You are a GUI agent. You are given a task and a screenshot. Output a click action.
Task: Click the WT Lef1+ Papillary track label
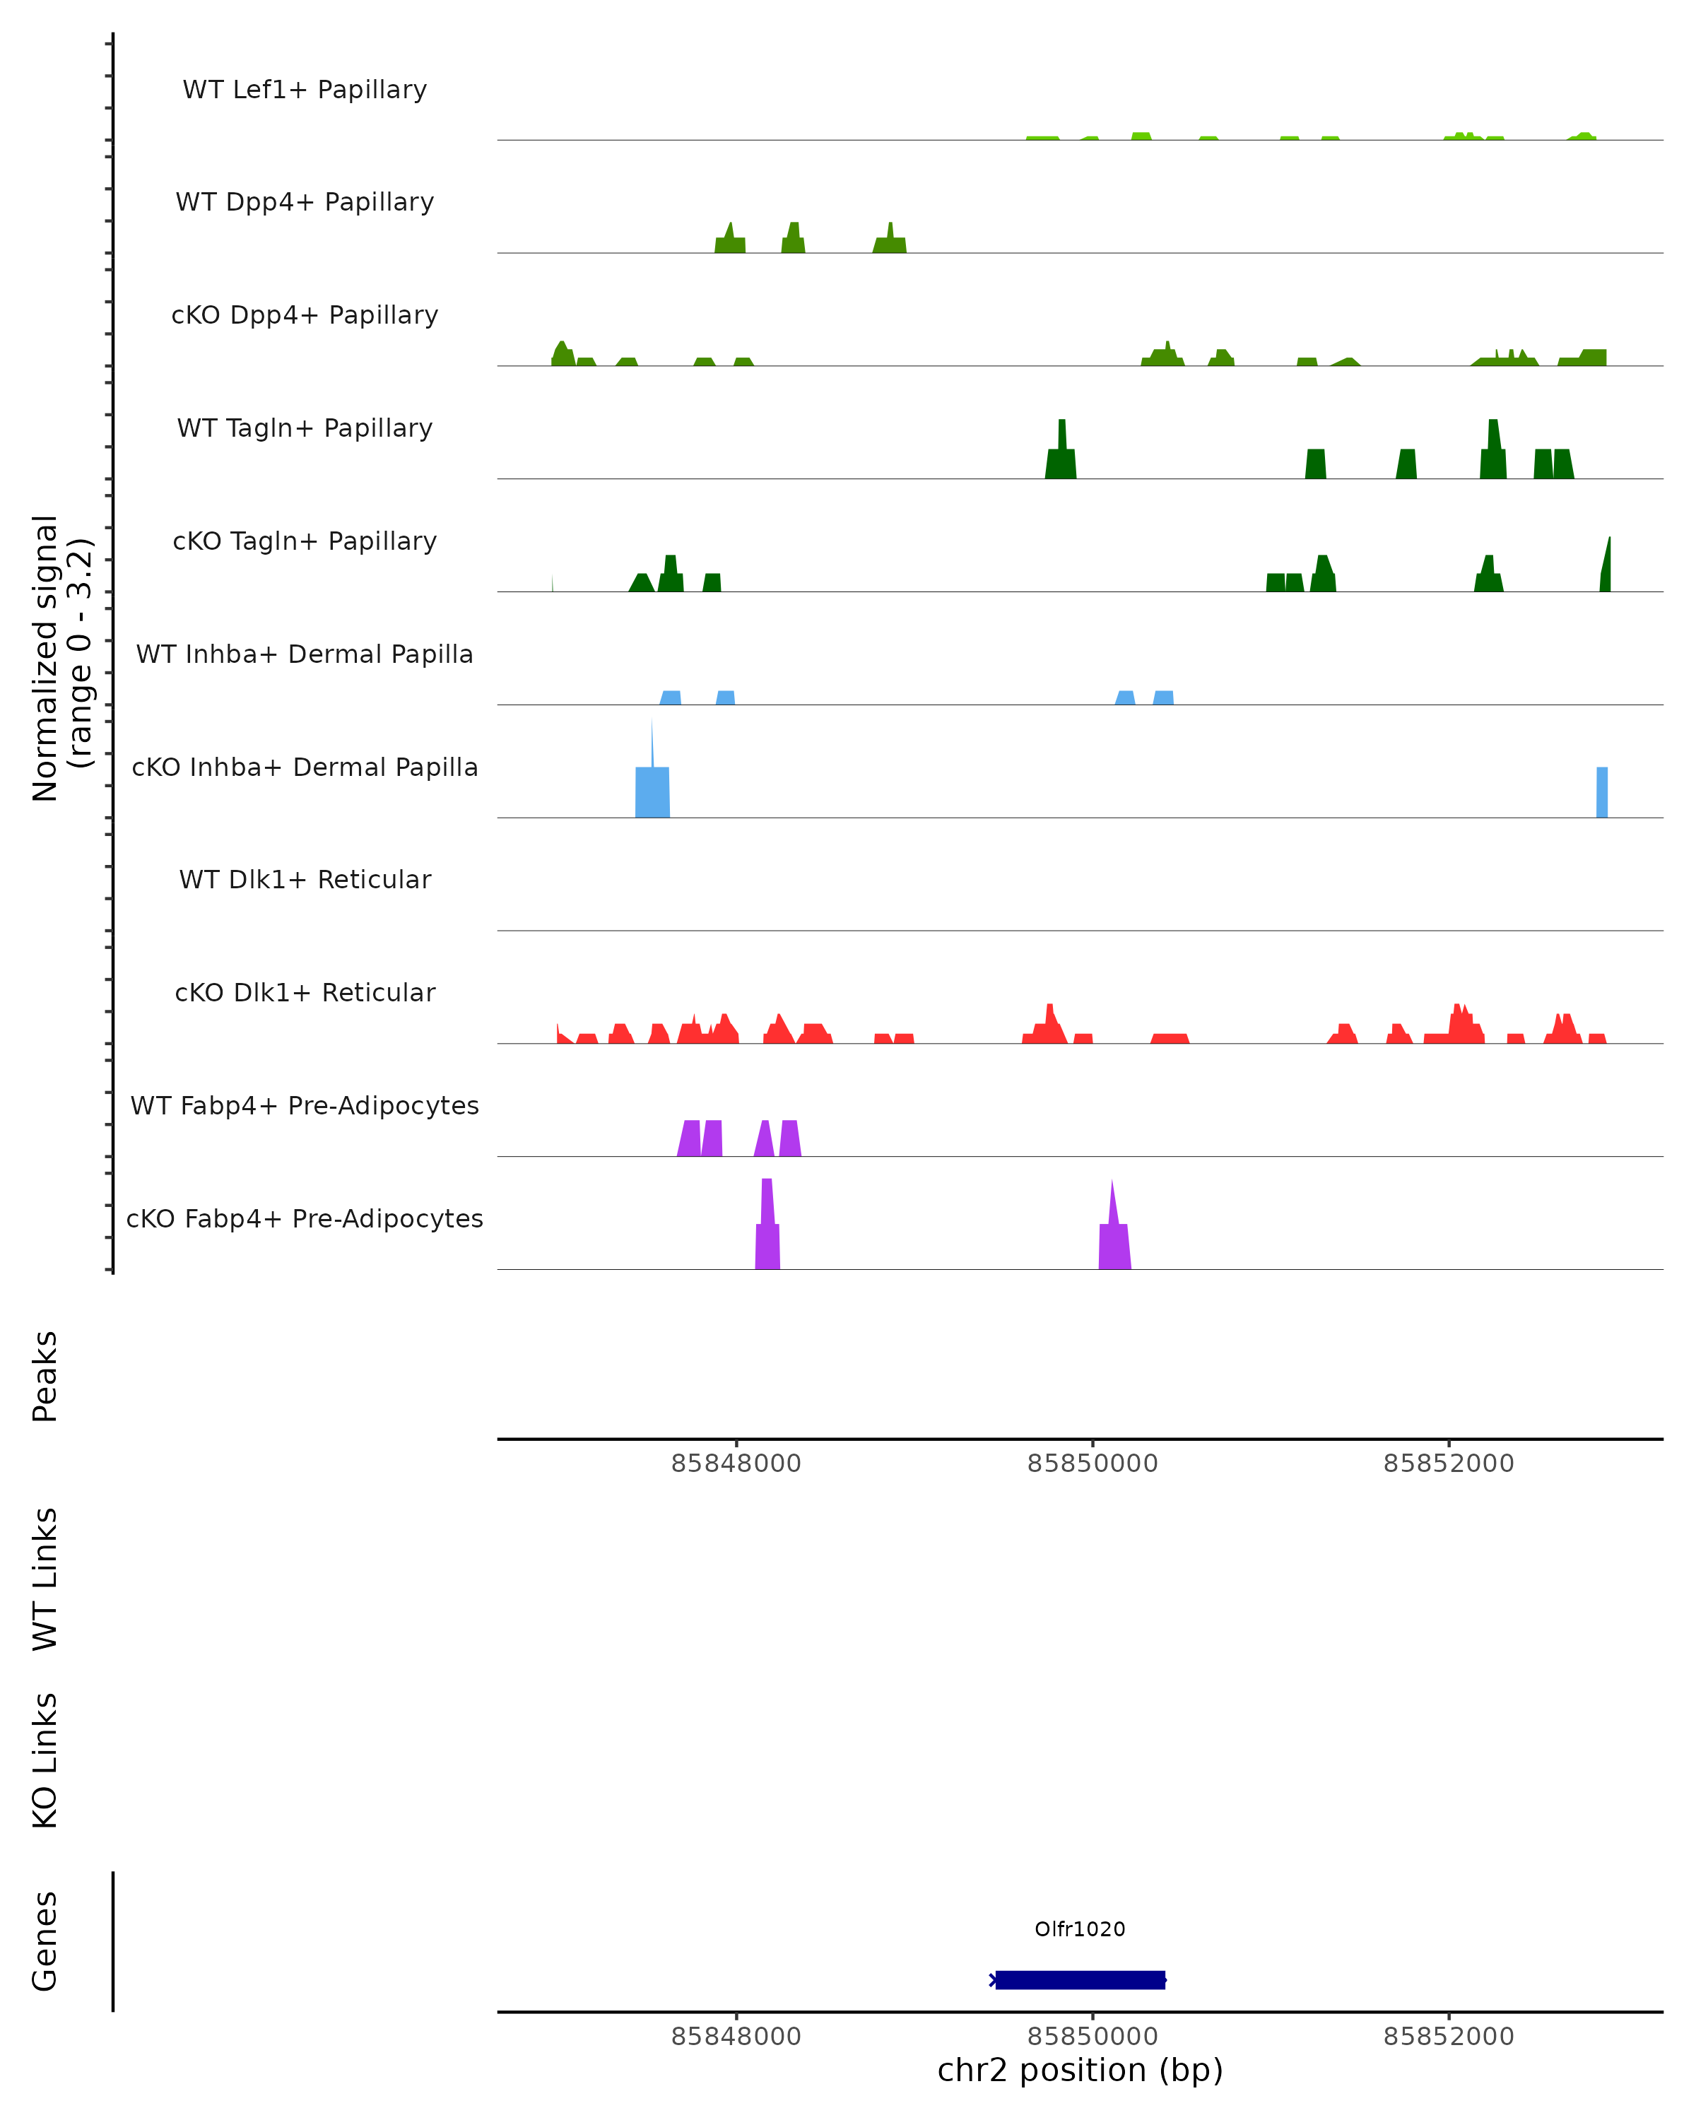pos(305,90)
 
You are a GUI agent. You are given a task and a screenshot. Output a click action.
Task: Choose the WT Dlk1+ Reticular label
pos(305,879)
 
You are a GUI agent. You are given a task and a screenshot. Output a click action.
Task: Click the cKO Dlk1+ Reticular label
pos(305,992)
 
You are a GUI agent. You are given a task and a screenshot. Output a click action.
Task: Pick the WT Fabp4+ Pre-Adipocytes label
pos(305,1105)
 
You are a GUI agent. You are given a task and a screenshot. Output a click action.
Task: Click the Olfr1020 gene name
pos(1080,1929)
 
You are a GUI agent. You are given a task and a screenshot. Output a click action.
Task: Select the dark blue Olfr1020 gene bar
pos(1080,1979)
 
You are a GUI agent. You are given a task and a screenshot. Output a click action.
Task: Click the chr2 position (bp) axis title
pos(1080,2070)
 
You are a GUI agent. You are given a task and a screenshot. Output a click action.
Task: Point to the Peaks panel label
pos(45,1376)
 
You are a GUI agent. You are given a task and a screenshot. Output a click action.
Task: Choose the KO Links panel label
pos(45,1760)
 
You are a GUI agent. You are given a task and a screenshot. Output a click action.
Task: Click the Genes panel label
pos(45,1941)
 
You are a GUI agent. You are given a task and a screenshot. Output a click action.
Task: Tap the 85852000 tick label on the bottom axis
pos(1448,2037)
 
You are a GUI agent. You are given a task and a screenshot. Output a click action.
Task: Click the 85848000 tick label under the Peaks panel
pos(736,1464)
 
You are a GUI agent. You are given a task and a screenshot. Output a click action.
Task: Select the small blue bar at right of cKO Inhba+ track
pos(1601,791)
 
